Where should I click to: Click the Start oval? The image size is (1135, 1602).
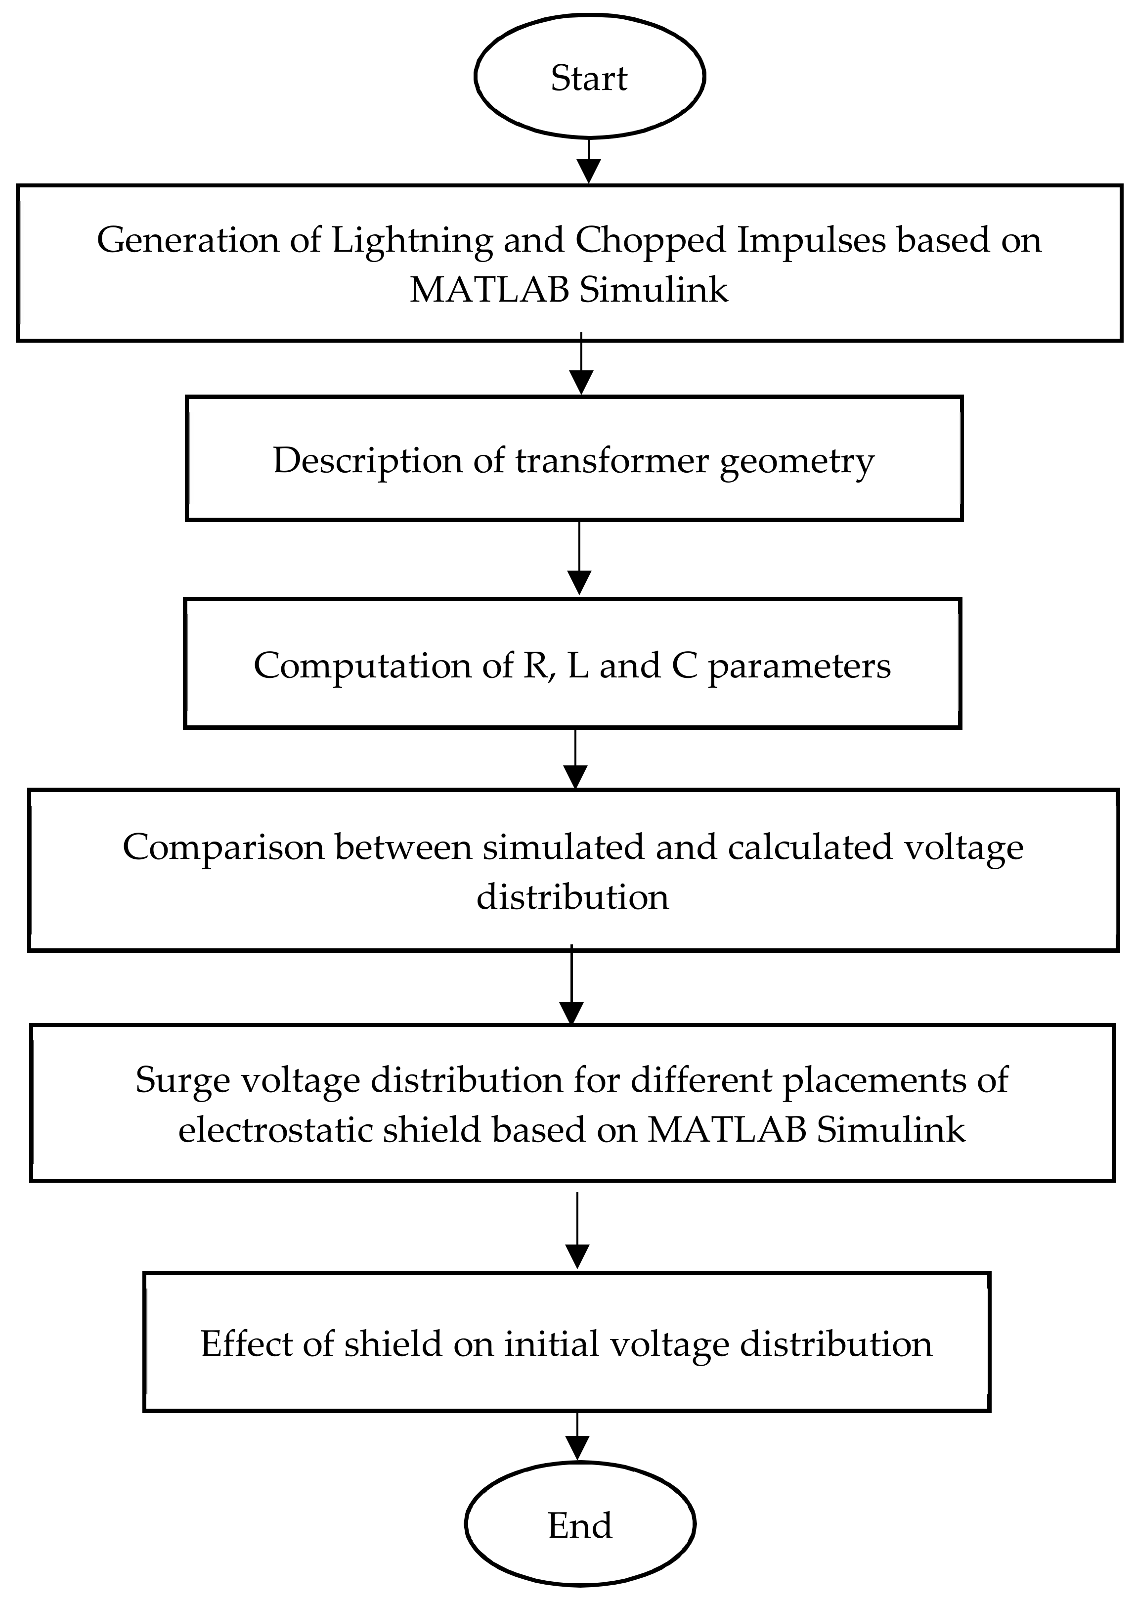pos(589,77)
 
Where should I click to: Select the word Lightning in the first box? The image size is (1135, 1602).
pos(412,240)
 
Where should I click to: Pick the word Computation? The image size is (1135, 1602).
pos(363,666)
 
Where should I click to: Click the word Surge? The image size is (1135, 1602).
pos(182,1080)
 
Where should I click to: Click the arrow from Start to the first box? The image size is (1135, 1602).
pos(589,162)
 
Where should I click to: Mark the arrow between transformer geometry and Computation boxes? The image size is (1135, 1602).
pos(579,560)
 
